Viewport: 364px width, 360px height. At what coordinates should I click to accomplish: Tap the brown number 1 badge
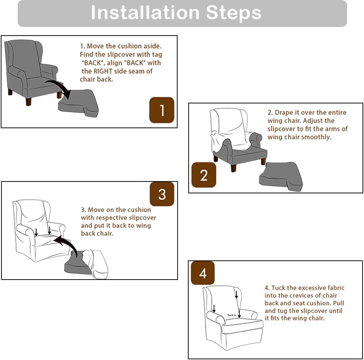(x=161, y=110)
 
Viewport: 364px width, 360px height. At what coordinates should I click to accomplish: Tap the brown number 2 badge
(x=204, y=175)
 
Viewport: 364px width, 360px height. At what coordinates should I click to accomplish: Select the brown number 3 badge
(x=162, y=194)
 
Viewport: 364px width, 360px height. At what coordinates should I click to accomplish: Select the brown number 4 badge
(x=203, y=273)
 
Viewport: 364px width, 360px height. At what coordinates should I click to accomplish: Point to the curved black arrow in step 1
(x=59, y=88)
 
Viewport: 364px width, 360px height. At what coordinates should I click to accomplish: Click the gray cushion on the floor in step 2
(x=281, y=176)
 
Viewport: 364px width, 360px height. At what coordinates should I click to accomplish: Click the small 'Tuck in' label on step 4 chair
(x=232, y=315)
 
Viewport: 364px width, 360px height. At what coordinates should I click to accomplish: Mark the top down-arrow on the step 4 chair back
(x=236, y=295)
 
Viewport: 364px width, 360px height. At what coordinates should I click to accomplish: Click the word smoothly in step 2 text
(x=316, y=137)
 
